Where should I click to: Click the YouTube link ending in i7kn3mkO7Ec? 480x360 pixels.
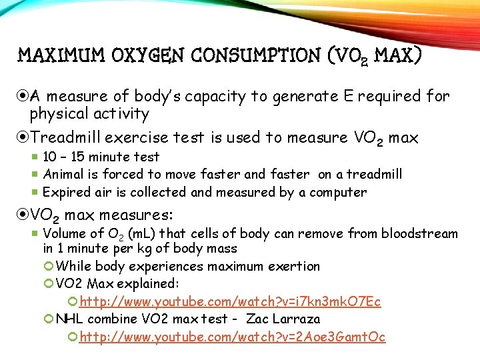point(230,302)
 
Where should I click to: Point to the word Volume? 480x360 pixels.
point(64,233)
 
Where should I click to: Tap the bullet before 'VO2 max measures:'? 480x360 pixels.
point(25,215)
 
